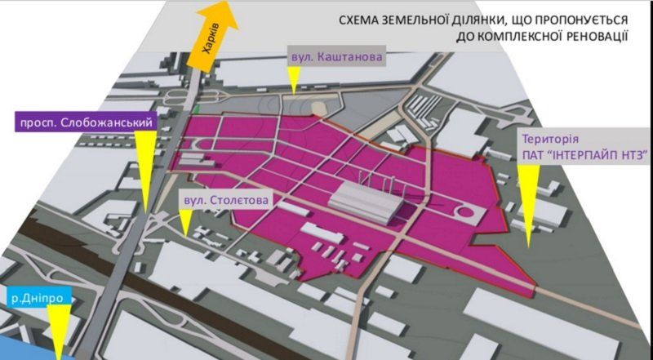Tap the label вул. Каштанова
335,59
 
